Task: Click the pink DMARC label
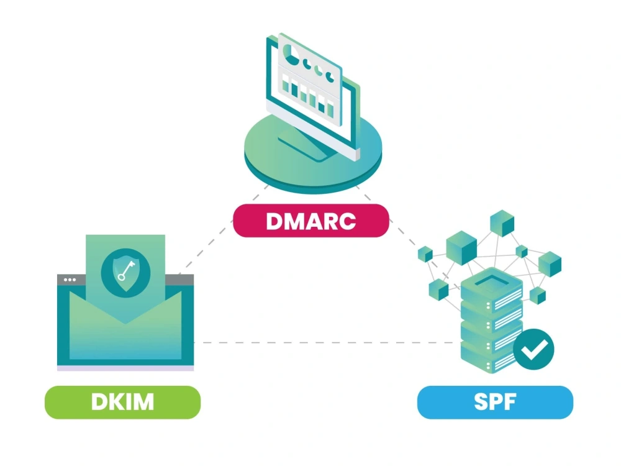point(310,221)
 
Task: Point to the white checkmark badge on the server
point(533,351)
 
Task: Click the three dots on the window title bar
point(70,280)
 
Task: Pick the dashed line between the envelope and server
point(323,342)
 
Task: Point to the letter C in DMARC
point(347,221)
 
